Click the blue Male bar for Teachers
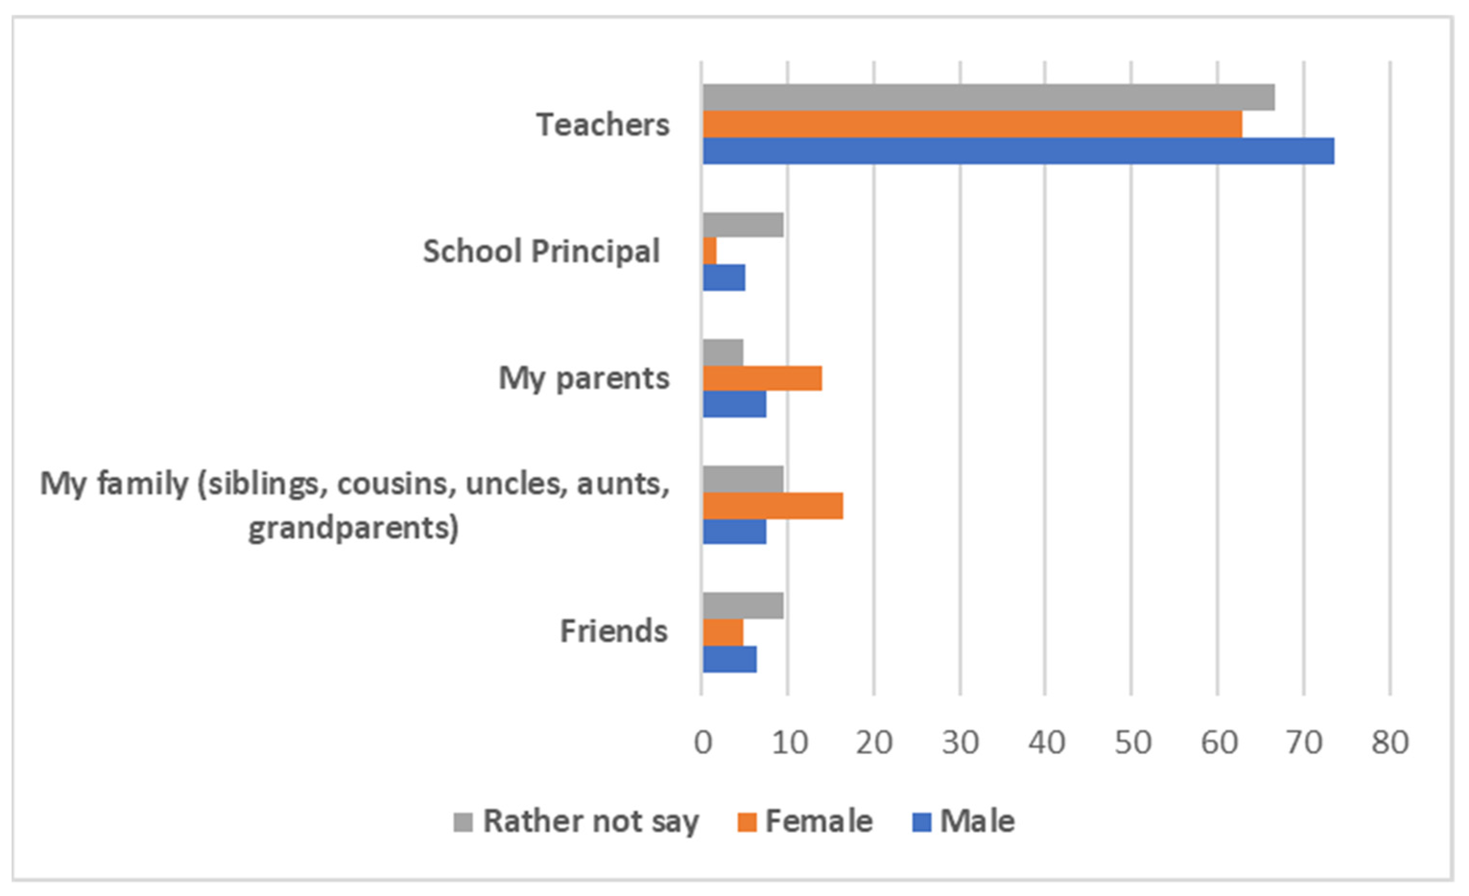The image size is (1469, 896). [1018, 151]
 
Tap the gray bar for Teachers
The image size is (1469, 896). [988, 97]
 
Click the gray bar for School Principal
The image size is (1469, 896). [743, 225]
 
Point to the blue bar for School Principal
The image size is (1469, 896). [724, 278]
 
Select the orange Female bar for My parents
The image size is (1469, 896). [762, 378]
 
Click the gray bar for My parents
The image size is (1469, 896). [723, 352]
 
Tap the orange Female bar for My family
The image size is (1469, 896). [773, 505]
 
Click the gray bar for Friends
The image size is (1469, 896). [743, 605]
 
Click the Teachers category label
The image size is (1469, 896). [603, 125]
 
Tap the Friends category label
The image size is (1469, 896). [613, 631]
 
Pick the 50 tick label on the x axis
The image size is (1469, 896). [1132, 743]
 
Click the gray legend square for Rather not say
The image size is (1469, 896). [463, 822]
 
